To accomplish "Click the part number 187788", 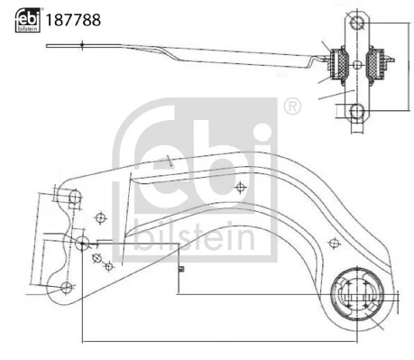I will point(73,18).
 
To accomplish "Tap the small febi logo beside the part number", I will point(26,18).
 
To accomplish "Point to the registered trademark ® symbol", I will point(291,106).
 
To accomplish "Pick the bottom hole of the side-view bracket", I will point(357,111).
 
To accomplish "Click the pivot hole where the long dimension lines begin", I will point(81,242).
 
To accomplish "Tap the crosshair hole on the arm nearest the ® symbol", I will point(239,188).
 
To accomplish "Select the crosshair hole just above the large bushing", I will point(335,242).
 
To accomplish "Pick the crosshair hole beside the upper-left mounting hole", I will point(101,217).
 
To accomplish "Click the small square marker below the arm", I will point(180,268).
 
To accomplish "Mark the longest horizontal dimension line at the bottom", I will point(216,340).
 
